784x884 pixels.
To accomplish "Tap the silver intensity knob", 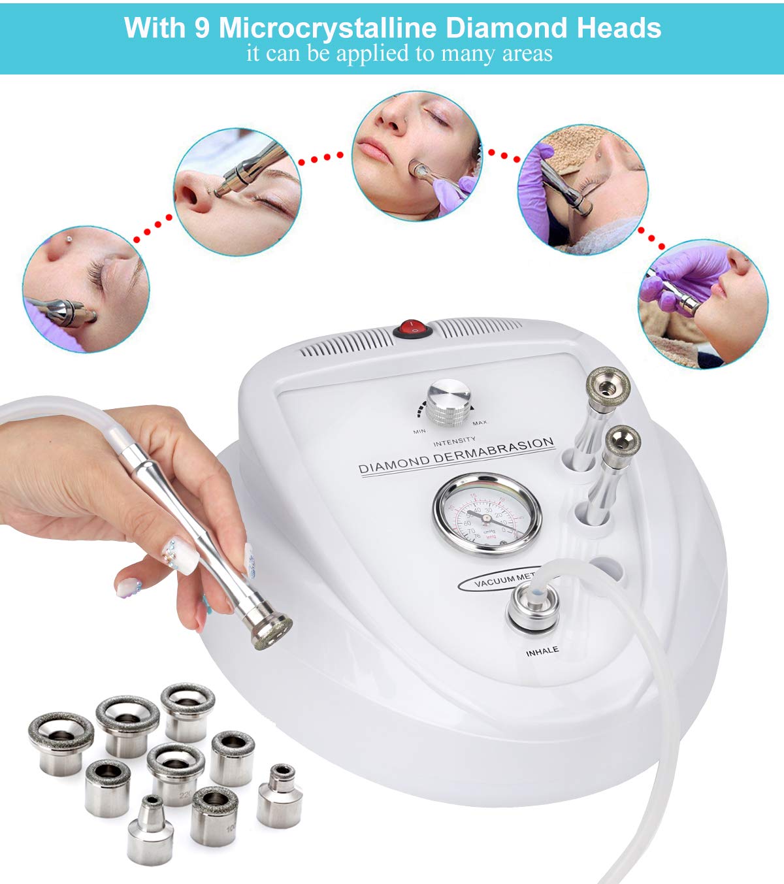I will [449, 401].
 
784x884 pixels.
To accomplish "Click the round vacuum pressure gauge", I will [487, 514].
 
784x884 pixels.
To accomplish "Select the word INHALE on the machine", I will [542, 651].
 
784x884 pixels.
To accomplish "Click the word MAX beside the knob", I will [480, 423].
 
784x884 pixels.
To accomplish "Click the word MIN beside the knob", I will [419, 431].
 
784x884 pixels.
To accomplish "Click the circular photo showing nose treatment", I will [237, 191].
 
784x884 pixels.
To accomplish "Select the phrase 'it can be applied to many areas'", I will [399, 54].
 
